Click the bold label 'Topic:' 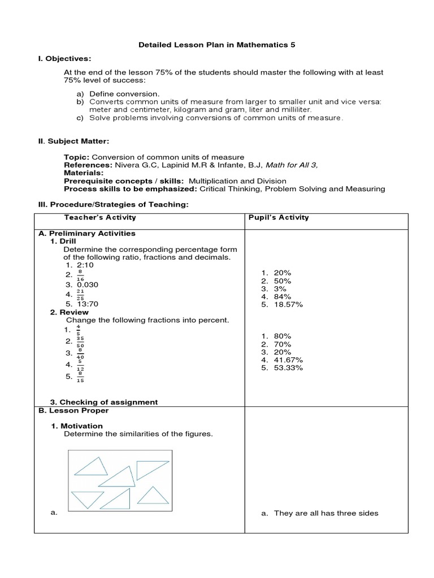pyautogui.click(x=77, y=156)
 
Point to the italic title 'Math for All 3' pyautogui.click(x=290, y=164)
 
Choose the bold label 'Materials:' pyautogui.click(x=84, y=172)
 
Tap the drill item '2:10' pyautogui.click(x=85, y=265)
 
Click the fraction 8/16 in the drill pyautogui.click(x=81, y=275)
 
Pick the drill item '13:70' pyautogui.click(x=88, y=303)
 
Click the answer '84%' pyautogui.click(x=282, y=296)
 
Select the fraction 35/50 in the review pyautogui.click(x=81, y=341)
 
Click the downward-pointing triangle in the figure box pyautogui.click(x=88, y=500)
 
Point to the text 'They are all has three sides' pyautogui.click(x=326, y=513)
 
